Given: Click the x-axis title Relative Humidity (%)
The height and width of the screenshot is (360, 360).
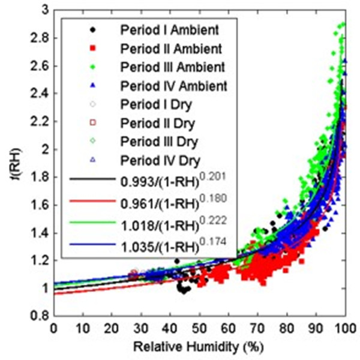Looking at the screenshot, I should [x=199, y=348].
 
